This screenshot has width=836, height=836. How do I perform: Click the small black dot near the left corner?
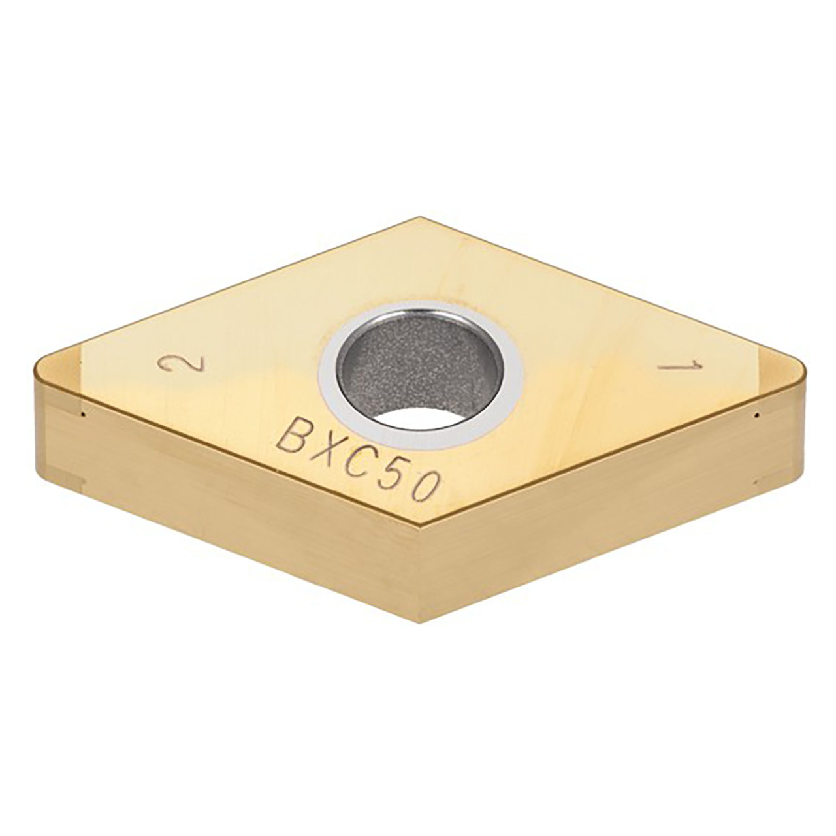click(84, 413)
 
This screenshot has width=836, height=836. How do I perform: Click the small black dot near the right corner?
click(756, 414)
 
